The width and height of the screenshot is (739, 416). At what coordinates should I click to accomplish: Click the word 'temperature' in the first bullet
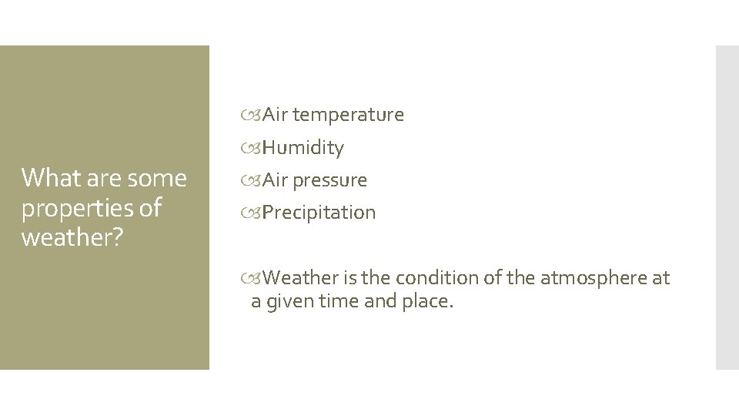(x=348, y=116)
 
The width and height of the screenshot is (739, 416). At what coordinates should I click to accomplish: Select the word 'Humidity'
(x=303, y=148)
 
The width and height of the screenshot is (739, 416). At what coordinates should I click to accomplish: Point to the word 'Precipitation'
(x=319, y=213)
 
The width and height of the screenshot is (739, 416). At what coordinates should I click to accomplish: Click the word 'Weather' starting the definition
(x=299, y=278)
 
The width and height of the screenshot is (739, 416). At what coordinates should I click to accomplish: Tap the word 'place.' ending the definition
(x=428, y=302)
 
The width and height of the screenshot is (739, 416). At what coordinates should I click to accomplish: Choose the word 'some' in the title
(x=157, y=179)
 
